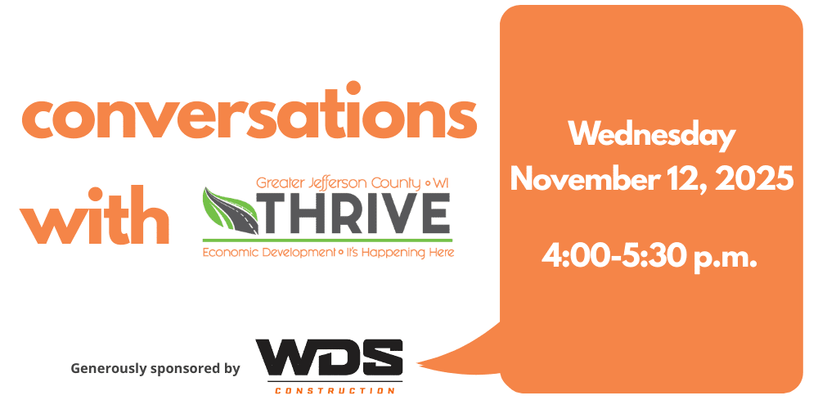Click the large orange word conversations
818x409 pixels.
tap(249, 111)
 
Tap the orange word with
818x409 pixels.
tap(94, 215)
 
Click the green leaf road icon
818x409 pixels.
tap(231, 211)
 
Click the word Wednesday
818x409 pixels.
tap(652, 135)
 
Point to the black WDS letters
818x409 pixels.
tap(330, 358)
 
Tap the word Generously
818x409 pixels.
tap(109, 369)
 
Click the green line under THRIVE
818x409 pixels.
tap(327, 240)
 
